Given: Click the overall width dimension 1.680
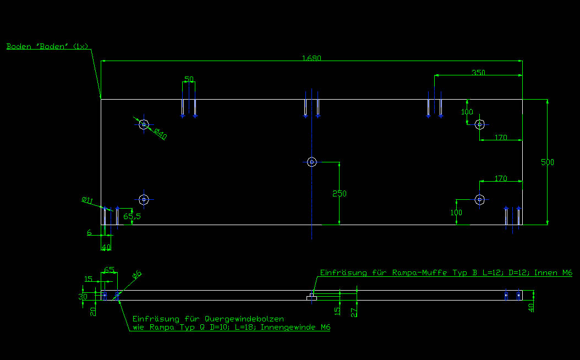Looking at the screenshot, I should point(311,58).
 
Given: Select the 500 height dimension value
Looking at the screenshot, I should point(548,162).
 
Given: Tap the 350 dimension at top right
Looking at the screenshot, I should point(479,72).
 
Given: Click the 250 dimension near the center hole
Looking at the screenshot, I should point(340,194).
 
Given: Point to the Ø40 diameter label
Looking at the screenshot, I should point(160,133).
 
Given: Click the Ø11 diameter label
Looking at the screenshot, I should point(87,200).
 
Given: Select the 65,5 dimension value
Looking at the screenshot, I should point(132,216).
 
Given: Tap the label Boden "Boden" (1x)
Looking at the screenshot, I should point(47,46).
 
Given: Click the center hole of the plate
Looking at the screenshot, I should point(312,162).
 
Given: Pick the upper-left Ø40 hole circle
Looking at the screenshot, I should point(144,124).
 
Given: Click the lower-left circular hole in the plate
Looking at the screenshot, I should point(144,199).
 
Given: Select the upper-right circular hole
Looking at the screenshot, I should point(480,124).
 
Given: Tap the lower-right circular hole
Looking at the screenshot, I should point(479,199).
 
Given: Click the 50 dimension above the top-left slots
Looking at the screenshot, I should point(189,79).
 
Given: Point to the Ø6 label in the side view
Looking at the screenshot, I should point(137,274).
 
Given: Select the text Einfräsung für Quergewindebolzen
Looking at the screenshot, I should point(209,319).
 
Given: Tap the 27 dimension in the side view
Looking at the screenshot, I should point(354,312).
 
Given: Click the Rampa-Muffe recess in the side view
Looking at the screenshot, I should point(311,297).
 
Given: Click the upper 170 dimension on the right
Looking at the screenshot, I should point(501,138).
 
